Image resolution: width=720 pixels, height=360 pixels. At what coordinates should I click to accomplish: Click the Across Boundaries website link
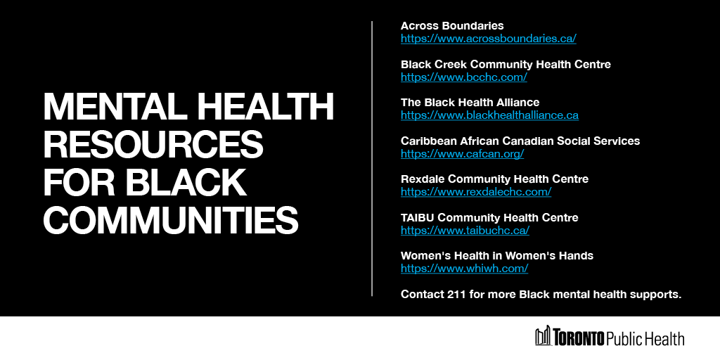click(488, 39)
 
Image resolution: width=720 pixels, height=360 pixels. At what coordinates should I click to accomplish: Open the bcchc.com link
click(463, 77)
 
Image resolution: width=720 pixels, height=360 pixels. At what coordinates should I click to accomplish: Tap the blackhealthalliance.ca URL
click(489, 115)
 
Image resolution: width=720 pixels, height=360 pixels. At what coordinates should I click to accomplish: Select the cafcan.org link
click(462, 153)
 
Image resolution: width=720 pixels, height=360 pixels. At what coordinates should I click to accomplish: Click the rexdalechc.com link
click(475, 191)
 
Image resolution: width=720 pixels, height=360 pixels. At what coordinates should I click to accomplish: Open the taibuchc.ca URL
click(465, 230)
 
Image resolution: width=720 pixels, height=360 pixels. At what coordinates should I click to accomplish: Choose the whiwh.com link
click(464, 268)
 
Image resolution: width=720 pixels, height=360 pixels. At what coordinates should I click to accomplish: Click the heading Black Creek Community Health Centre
click(506, 64)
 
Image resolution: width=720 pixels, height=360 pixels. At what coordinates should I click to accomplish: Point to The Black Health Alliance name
click(470, 102)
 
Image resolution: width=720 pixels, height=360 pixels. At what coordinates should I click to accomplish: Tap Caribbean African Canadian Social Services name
click(520, 141)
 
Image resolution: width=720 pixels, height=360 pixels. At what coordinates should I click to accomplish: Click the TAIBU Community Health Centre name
click(489, 217)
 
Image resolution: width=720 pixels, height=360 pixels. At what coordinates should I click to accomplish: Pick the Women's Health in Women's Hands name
click(496, 255)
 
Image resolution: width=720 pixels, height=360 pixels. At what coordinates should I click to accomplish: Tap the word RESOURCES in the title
click(153, 145)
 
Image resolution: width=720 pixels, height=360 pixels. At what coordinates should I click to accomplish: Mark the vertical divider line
click(372, 158)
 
